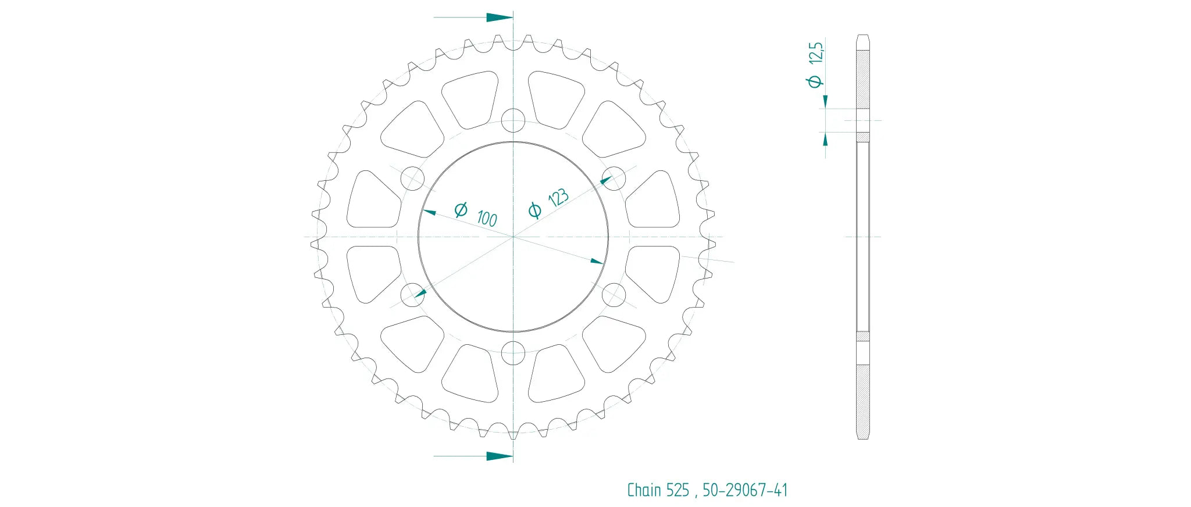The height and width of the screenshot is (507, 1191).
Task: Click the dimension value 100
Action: [487, 219]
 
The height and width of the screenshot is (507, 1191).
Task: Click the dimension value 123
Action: [558, 197]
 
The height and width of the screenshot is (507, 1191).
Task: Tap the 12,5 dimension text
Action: [816, 52]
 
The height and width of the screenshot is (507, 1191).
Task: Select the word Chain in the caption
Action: [644, 490]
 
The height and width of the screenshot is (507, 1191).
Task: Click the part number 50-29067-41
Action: [745, 490]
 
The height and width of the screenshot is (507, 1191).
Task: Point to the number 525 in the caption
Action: [677, 490]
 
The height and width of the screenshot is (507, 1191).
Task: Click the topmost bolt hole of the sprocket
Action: [513, 121]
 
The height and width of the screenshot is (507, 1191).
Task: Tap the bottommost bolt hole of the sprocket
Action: [513, 352]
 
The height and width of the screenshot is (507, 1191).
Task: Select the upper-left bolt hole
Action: [413, 178]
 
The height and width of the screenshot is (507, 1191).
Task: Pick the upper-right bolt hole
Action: [614, 178]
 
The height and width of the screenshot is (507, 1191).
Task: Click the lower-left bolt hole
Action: [413, 295]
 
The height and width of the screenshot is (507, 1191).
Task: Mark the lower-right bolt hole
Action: [614, 295]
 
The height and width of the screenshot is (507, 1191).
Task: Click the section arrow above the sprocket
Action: [498, 17]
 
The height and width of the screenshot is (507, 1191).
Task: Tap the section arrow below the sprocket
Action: [498, 456]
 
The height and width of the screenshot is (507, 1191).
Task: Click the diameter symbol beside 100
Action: [461, 209]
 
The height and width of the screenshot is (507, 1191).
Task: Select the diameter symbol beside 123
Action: [534, 210]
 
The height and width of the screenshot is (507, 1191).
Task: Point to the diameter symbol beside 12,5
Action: [815, 81]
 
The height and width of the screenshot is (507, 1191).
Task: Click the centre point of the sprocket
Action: [513, 237]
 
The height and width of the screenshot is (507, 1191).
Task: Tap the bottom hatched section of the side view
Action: [863, 401]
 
